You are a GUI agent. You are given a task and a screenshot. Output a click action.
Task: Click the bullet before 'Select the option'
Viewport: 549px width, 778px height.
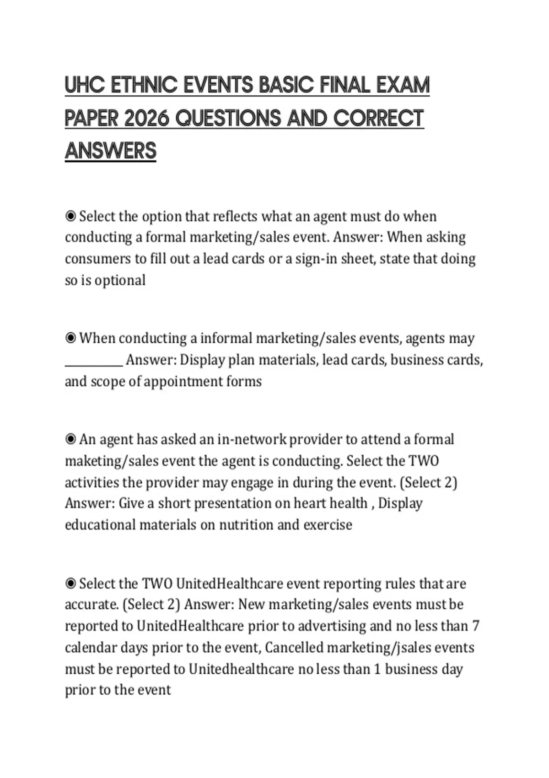tap(70, 216)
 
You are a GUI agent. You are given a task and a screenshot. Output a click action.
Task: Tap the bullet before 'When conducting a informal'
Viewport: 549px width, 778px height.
tap(70, 338)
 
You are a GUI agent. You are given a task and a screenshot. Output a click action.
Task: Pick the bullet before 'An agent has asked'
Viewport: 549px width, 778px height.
tap(70, 439)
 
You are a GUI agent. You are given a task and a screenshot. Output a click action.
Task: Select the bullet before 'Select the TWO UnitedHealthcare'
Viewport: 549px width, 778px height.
tap(70, 583)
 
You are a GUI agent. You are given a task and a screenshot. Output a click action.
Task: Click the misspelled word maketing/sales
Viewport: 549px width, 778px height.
tap(112, 461)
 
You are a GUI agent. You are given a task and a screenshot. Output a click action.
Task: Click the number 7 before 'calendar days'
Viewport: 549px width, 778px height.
tap(476, 626)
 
